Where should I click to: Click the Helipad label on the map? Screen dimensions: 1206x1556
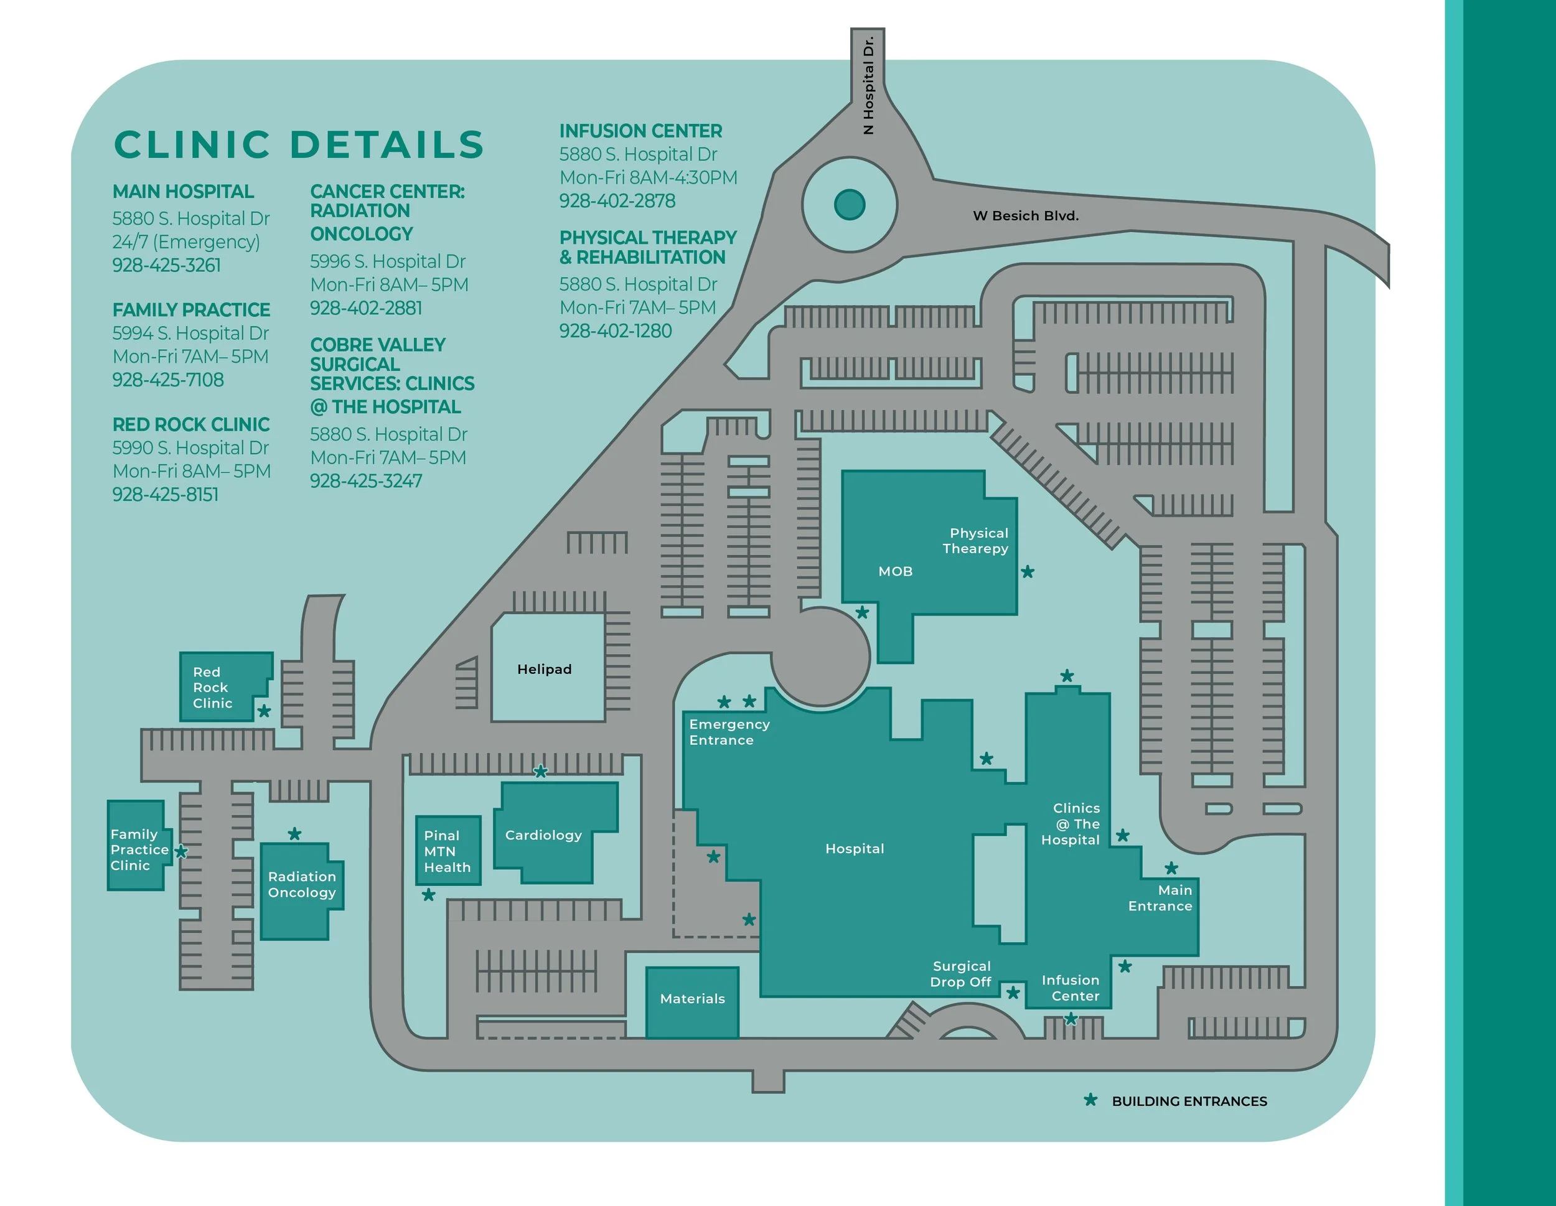click(545, 669)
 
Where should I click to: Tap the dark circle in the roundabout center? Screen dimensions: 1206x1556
click(849, 205)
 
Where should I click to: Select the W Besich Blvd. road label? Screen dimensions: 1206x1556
click(1025, 216)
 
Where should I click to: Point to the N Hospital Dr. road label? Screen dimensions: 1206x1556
click(868, 85)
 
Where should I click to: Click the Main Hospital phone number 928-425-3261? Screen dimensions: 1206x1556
click(167, 265)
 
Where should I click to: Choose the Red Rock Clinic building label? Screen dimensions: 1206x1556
click(212, 688)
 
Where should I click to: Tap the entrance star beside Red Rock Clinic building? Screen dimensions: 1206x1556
click(265, 711)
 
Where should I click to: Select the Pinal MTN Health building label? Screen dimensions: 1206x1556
click(447, 851)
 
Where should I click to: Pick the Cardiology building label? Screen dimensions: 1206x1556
click(543, 835)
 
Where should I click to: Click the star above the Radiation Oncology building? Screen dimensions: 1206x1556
click(295, 833)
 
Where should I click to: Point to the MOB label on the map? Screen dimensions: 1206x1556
click(895, 571)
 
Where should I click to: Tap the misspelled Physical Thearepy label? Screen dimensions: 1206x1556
click(975, 541)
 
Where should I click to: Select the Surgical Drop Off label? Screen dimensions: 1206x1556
click(960, 974)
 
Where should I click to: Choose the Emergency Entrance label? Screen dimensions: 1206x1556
click(729, 732)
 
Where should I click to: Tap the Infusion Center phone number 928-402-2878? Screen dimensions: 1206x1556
click(617, 201)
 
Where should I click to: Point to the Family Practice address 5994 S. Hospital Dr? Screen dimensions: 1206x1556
click(190, 334)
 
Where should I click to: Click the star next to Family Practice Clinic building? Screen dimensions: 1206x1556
click(182, 851)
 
